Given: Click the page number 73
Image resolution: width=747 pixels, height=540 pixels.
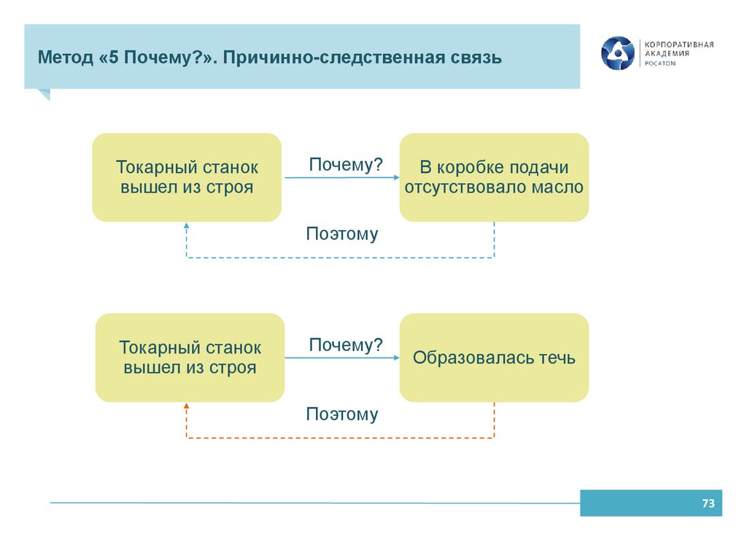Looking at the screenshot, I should tap(707, 504).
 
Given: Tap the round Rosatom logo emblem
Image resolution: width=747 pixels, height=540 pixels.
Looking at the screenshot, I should tap(618, 53).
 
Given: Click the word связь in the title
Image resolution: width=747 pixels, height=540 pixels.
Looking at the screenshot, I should tap(476, 57).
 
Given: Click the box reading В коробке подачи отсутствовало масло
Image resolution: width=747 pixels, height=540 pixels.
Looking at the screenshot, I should tap(494, 177).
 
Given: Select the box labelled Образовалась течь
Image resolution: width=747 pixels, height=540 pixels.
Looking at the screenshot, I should tap(494, 358).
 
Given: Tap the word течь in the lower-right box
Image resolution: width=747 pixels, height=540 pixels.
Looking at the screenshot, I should tap(557, 358).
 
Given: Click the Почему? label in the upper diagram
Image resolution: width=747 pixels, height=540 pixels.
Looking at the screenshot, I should tap(346, 165).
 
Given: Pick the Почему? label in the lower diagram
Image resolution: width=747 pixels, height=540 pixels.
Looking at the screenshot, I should tap(346, 345).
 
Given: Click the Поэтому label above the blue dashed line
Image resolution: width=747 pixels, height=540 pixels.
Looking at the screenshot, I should tap(342, 234).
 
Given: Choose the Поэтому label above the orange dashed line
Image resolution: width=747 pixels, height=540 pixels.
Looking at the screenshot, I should tap(342, 414).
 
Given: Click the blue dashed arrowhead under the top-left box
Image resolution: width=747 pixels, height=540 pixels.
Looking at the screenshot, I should tap(187, 227).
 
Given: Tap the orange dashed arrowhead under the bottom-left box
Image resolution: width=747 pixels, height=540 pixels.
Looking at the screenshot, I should tap(187, 407).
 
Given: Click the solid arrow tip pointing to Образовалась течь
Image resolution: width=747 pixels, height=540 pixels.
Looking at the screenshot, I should tap(396, 358).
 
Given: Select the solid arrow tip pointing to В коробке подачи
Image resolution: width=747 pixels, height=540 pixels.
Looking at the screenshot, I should tap(396, 177).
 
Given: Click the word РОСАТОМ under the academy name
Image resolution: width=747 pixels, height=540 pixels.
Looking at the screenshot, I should tap(659, 63).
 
